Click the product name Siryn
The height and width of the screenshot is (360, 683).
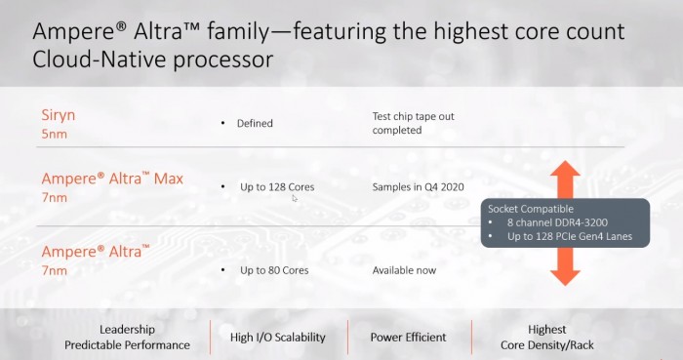58,115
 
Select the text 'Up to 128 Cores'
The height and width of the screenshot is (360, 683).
277,186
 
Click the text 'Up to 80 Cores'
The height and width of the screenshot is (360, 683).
274,269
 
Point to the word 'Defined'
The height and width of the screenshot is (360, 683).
255,124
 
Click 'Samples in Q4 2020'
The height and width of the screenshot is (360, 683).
417,186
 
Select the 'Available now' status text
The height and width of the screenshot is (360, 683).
404,269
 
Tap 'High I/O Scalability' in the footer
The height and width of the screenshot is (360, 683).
278,338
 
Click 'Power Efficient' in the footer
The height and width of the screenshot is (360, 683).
408,338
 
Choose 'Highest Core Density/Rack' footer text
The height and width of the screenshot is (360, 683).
546,338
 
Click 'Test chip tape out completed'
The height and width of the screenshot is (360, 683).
413,123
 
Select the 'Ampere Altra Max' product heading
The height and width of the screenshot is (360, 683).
112,180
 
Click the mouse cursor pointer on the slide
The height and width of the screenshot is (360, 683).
294,198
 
